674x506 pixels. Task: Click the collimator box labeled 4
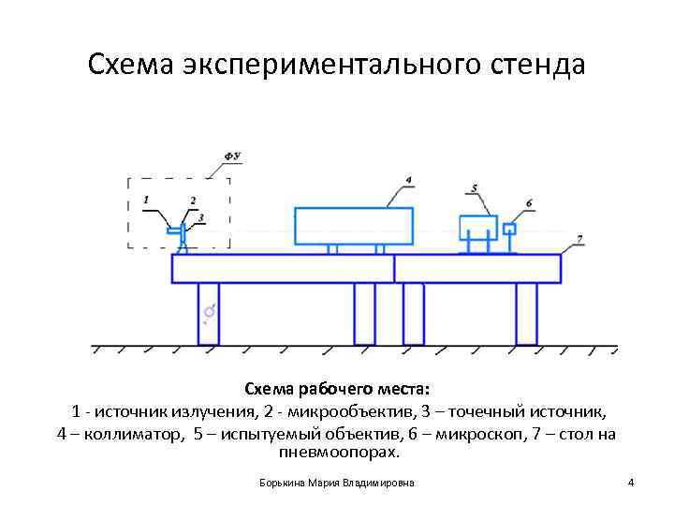pos(354,226)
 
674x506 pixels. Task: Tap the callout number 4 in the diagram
pos(409,179)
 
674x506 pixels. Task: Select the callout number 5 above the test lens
pos(475,189)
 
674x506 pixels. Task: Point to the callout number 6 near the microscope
pos(529,203)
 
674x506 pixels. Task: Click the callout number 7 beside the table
pos(579,240)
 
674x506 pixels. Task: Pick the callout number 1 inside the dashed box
pos(147,200)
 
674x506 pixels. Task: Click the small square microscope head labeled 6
pos(510,229)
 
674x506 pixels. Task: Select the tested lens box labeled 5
pos(478,228)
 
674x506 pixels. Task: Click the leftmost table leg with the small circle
pos(209,313)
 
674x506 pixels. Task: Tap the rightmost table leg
pos(526,313)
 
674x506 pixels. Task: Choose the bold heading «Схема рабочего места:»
pos(337,388)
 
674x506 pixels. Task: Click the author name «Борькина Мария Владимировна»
pos(337,483)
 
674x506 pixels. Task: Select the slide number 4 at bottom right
pos(631,483)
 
